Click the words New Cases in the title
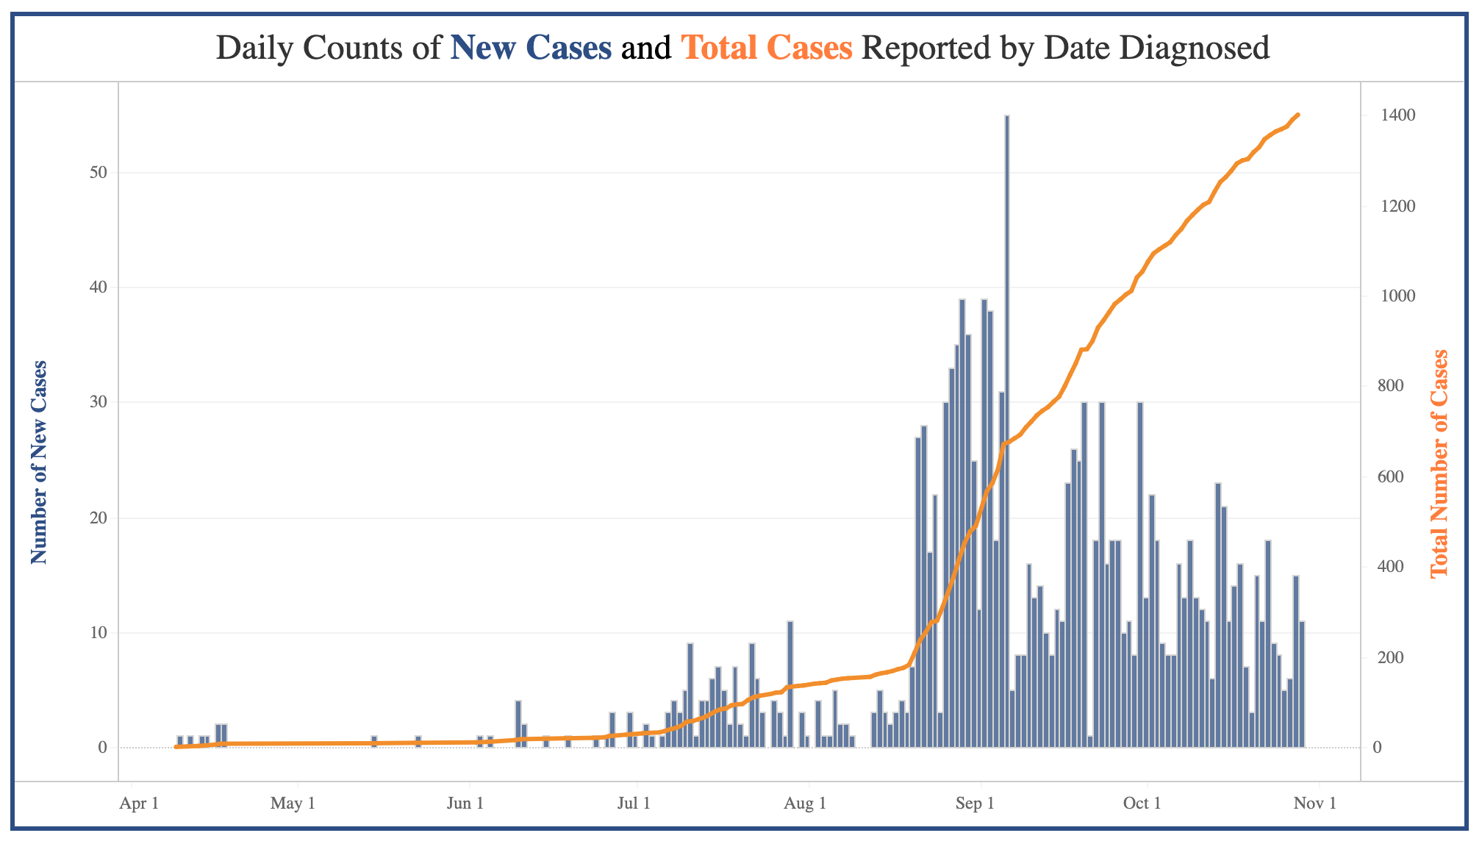click(x=531, y=48)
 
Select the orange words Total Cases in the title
click(x=767, y=48)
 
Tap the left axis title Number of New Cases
click(x=39, y=462)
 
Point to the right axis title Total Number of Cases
click(x=1439, y=462)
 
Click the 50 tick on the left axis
click(x=99, y=173)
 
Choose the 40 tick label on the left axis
click(x=99, y=287)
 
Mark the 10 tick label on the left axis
click(x=99, y=633)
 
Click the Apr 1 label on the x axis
click(x=139, y=803)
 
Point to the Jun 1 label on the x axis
click(x=465, y=803)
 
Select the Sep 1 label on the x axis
click(x=976, y=803)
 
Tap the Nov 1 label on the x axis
click(x=1315, y=803)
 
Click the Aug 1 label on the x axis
click(x=805, y=803)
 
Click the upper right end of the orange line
click(x=1298, y=115)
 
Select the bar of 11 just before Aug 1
click(x=790, y=684)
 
